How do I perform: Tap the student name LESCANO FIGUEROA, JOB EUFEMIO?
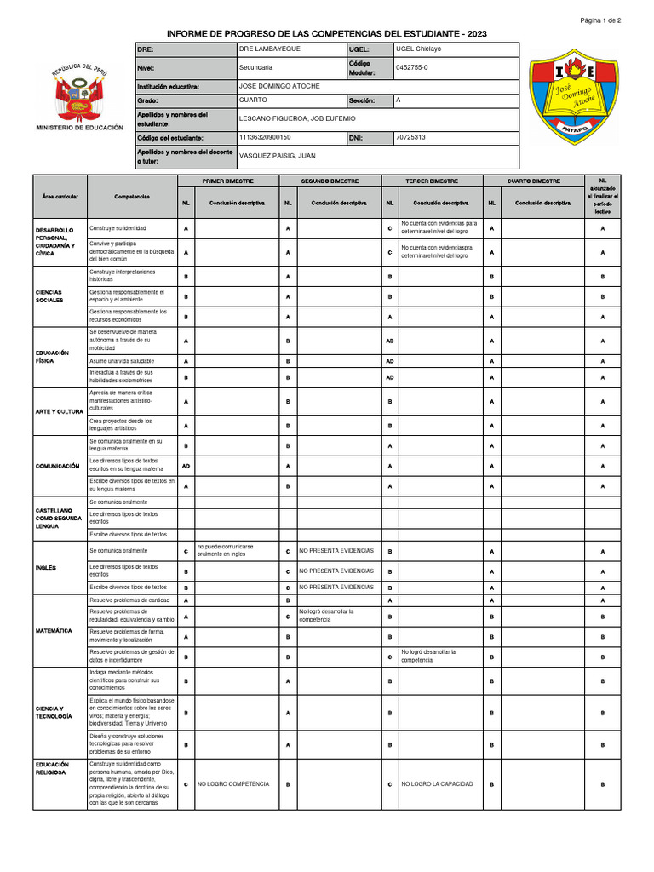tap(297, 118)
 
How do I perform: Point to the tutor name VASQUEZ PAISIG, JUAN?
tap(277, 156)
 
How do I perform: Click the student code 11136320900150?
tap(265, 136)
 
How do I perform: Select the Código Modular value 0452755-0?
tap(413, 66)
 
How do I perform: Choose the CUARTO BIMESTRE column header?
tap(534, 181)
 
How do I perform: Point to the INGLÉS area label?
tap(46, 567)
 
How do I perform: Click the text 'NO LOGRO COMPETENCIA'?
tap(233, 783)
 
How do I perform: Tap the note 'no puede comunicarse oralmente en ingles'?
tap(225, 550)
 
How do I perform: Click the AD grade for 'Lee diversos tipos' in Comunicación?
tap(186, 466)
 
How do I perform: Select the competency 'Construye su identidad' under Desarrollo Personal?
tap(118, 229)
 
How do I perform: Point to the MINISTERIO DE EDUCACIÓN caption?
tap(79, 128)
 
